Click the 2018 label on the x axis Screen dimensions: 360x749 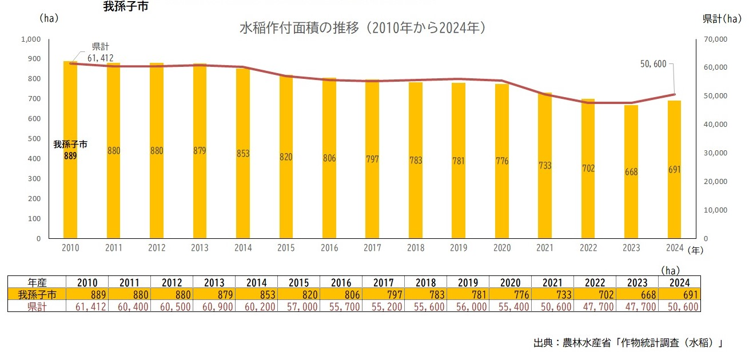[x=415, y=248]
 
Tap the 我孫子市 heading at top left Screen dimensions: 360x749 [x=120, y=8]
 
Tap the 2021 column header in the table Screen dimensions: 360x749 [x=552, y=282]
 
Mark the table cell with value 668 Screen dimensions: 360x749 [x=637, y=294]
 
